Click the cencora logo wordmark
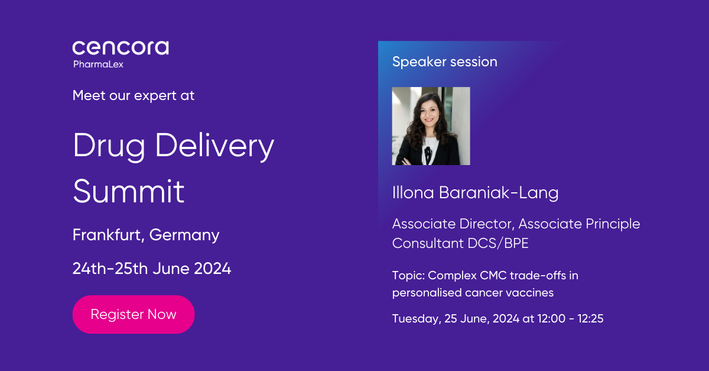pyautogui.click(x=121, y=48)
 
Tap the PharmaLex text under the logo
pyautogui.click(x=99, y=64)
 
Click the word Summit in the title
pyautogui.click(x=129, y=191)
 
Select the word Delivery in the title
pyautogui.click(x=214, y=146)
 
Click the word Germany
pyautogui.click(x=184, y=235)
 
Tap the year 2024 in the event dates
pyautogui.click(x=212, y=269)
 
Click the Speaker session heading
pyautogui.click(x=445, y=62)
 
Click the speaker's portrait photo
pyautogui.click(x=431, y=126)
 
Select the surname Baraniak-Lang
pyautogui.click(x=499, y=193)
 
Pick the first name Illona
pyautogui.click(x=413, y=193)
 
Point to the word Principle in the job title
pyautogui.click(x=613, y=224)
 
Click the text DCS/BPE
pyautogui.click(x=498, y=244)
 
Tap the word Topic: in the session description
pyautogui.click(x=409, y=276)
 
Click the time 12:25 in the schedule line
pyautogui.click(x=590, y=318)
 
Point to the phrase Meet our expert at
pyautogui.click(x=134, y=96)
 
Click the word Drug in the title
pyautogui.click(x=109, y=147)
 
